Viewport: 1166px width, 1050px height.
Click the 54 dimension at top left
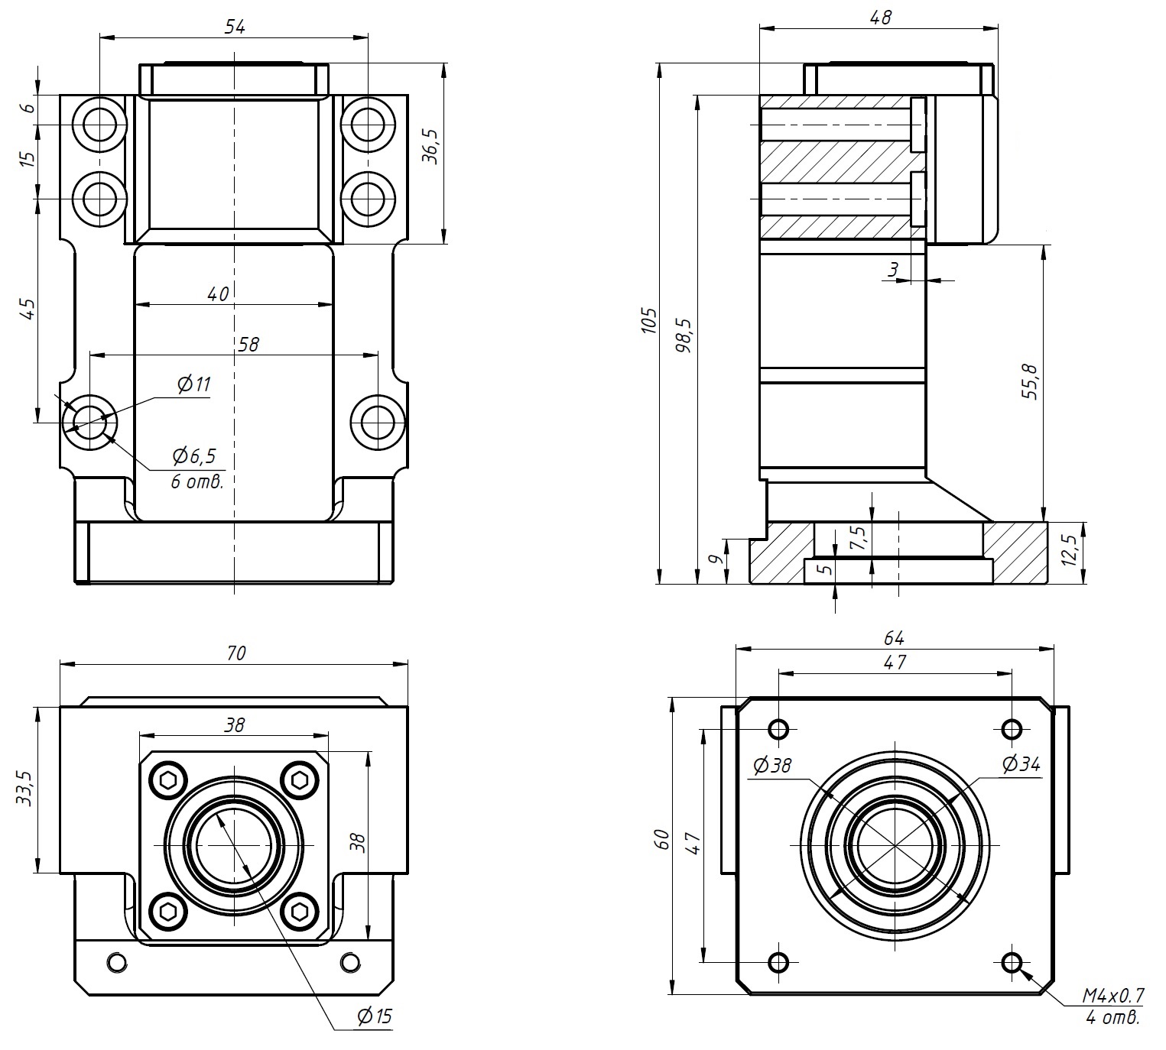pyautogui.click(x=235, y=27)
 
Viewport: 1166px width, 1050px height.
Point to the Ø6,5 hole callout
pyautogui.click(x=194, y=457)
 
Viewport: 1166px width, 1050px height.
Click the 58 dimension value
pyautogui.click(x=248, y=344)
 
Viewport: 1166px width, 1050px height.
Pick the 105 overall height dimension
pyautogui.click(x=648, y=321)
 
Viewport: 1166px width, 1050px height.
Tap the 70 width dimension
pyautogui.click(x=236, y=653)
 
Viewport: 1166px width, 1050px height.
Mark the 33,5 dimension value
pyautogui.click(x=25, y=789)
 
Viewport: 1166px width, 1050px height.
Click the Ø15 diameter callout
pyautogui.click(x=374, y=1016)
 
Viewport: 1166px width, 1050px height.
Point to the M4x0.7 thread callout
pyautogui.click(x=1112, y=995)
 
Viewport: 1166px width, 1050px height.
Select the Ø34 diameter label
pyautogui.click(x=1021, y=763)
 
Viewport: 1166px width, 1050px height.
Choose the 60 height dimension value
pyautogui.click(x=663, y=839)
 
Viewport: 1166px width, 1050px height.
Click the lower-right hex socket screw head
pyautogui.click(x=298, y=911)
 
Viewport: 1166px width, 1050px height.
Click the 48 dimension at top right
pyautogui.click(x=881, y=17)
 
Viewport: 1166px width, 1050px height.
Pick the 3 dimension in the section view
pyautogui.click(x=892, y=269)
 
